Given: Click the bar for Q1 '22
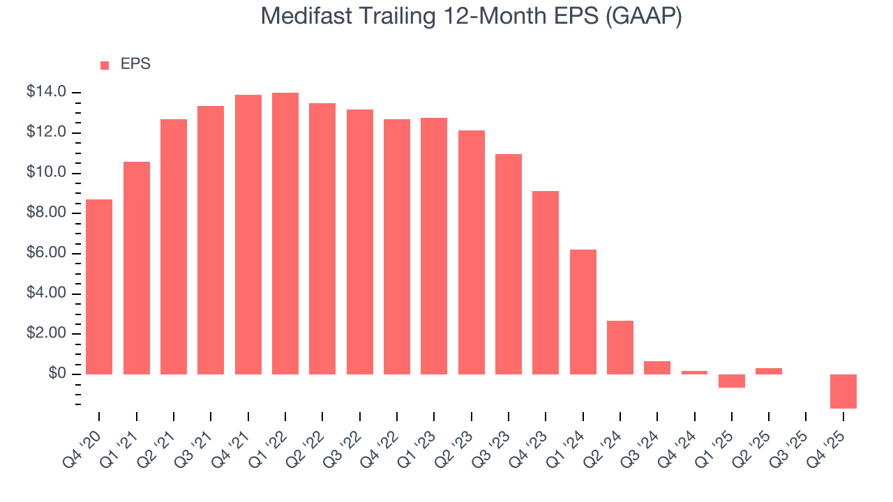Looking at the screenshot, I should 285,234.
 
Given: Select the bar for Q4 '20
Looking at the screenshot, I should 99,287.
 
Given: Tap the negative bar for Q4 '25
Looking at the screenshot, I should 843,391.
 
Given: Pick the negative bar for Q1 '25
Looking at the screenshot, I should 732,381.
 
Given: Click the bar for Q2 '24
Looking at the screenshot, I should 620,347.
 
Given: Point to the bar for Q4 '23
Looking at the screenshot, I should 546,282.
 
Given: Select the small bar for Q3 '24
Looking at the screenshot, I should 657,367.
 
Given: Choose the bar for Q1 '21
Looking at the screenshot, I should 137,268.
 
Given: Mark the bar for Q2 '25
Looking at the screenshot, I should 769,371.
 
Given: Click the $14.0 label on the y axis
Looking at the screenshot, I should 47,92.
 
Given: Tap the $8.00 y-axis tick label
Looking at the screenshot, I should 47,213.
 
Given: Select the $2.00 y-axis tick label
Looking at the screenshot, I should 47,334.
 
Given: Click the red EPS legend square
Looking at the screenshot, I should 105,65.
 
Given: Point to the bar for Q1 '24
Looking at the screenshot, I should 583,312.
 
